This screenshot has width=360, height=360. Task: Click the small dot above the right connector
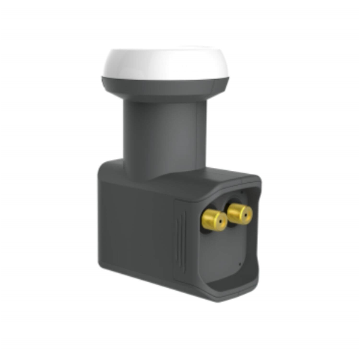click(x=242, y=191)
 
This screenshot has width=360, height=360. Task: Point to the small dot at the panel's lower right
click(x=239, y=264)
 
